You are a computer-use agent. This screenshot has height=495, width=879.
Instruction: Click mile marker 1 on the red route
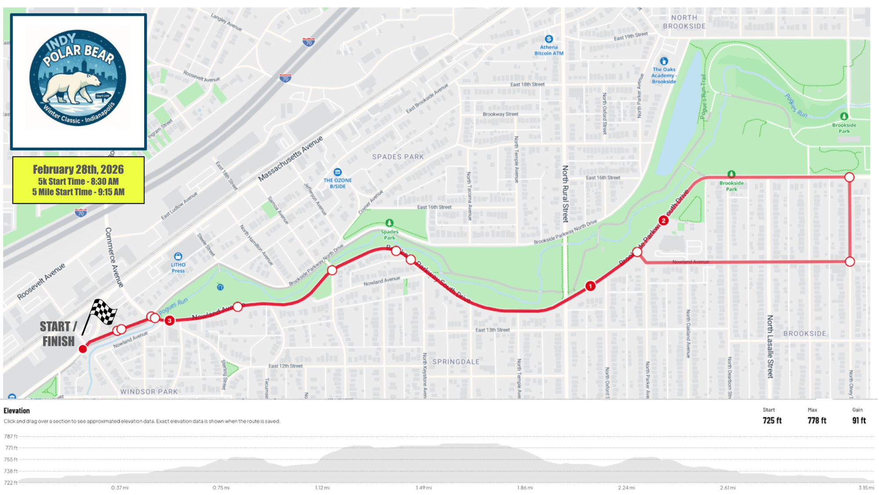pos(590,286)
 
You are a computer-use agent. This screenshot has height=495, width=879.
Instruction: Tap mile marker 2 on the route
pos(663,220)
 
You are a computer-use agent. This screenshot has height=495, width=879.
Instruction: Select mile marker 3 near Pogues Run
pos(170,321)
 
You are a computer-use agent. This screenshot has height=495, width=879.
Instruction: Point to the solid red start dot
pos(83,349)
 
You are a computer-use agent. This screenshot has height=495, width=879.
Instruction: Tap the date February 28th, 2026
pos(78,169)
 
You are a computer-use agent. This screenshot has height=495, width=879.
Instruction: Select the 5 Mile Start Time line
pos(78,192)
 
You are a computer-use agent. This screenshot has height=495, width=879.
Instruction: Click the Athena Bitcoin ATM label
pos(548,50)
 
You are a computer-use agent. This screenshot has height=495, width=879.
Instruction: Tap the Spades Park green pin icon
pos(389,223)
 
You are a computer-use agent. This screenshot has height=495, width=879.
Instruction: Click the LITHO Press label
pos(178,268)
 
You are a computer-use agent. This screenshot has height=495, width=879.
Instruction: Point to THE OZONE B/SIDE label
pos(338,183)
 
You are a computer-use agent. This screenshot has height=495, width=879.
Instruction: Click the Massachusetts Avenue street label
pos(291,159)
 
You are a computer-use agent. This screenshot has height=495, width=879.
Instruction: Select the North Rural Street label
pos(566,194)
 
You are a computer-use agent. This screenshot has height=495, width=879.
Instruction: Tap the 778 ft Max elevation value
pos(817,421)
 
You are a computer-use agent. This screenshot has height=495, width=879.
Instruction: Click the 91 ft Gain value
pos(859,421)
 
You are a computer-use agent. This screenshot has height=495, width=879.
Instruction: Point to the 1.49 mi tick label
pos(424,488)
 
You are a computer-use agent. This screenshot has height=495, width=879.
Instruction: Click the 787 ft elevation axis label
pos(11,436)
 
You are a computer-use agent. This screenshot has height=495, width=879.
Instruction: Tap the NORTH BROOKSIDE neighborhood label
pos(684,22)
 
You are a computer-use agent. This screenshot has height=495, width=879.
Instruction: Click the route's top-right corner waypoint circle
pos(849,177)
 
